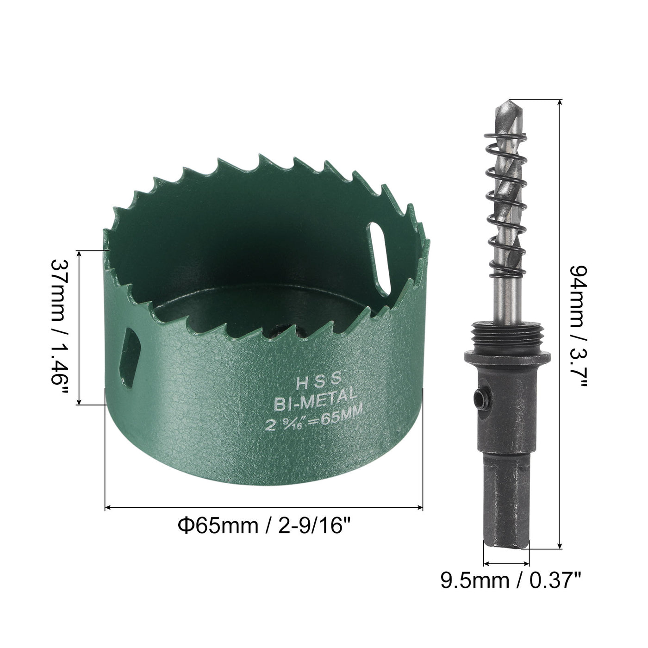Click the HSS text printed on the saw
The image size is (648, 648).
tap(318, 381)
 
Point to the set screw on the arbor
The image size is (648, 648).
tap(481, 398)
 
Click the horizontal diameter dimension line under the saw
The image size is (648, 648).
tap(264, 508)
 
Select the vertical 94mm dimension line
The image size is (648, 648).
tap(561, 324)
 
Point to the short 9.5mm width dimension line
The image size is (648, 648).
tap(506, 564)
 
